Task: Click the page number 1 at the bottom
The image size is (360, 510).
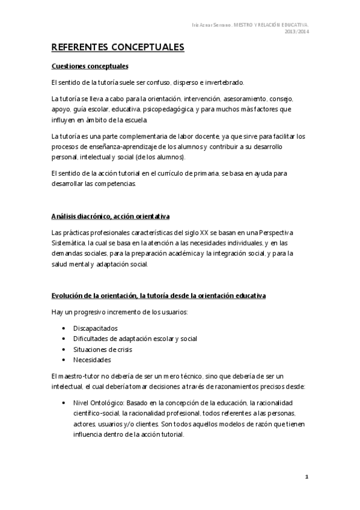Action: click(x=306, y=477)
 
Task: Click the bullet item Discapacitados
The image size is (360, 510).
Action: click(x=95, y=328)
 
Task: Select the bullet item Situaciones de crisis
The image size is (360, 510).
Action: click(x=103, y=349)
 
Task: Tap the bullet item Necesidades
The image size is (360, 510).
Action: click(x=92, y=360)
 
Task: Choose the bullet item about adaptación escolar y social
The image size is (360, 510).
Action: click(x=135, y=339)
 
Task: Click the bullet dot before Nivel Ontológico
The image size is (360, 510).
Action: click(x=64, y=402)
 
